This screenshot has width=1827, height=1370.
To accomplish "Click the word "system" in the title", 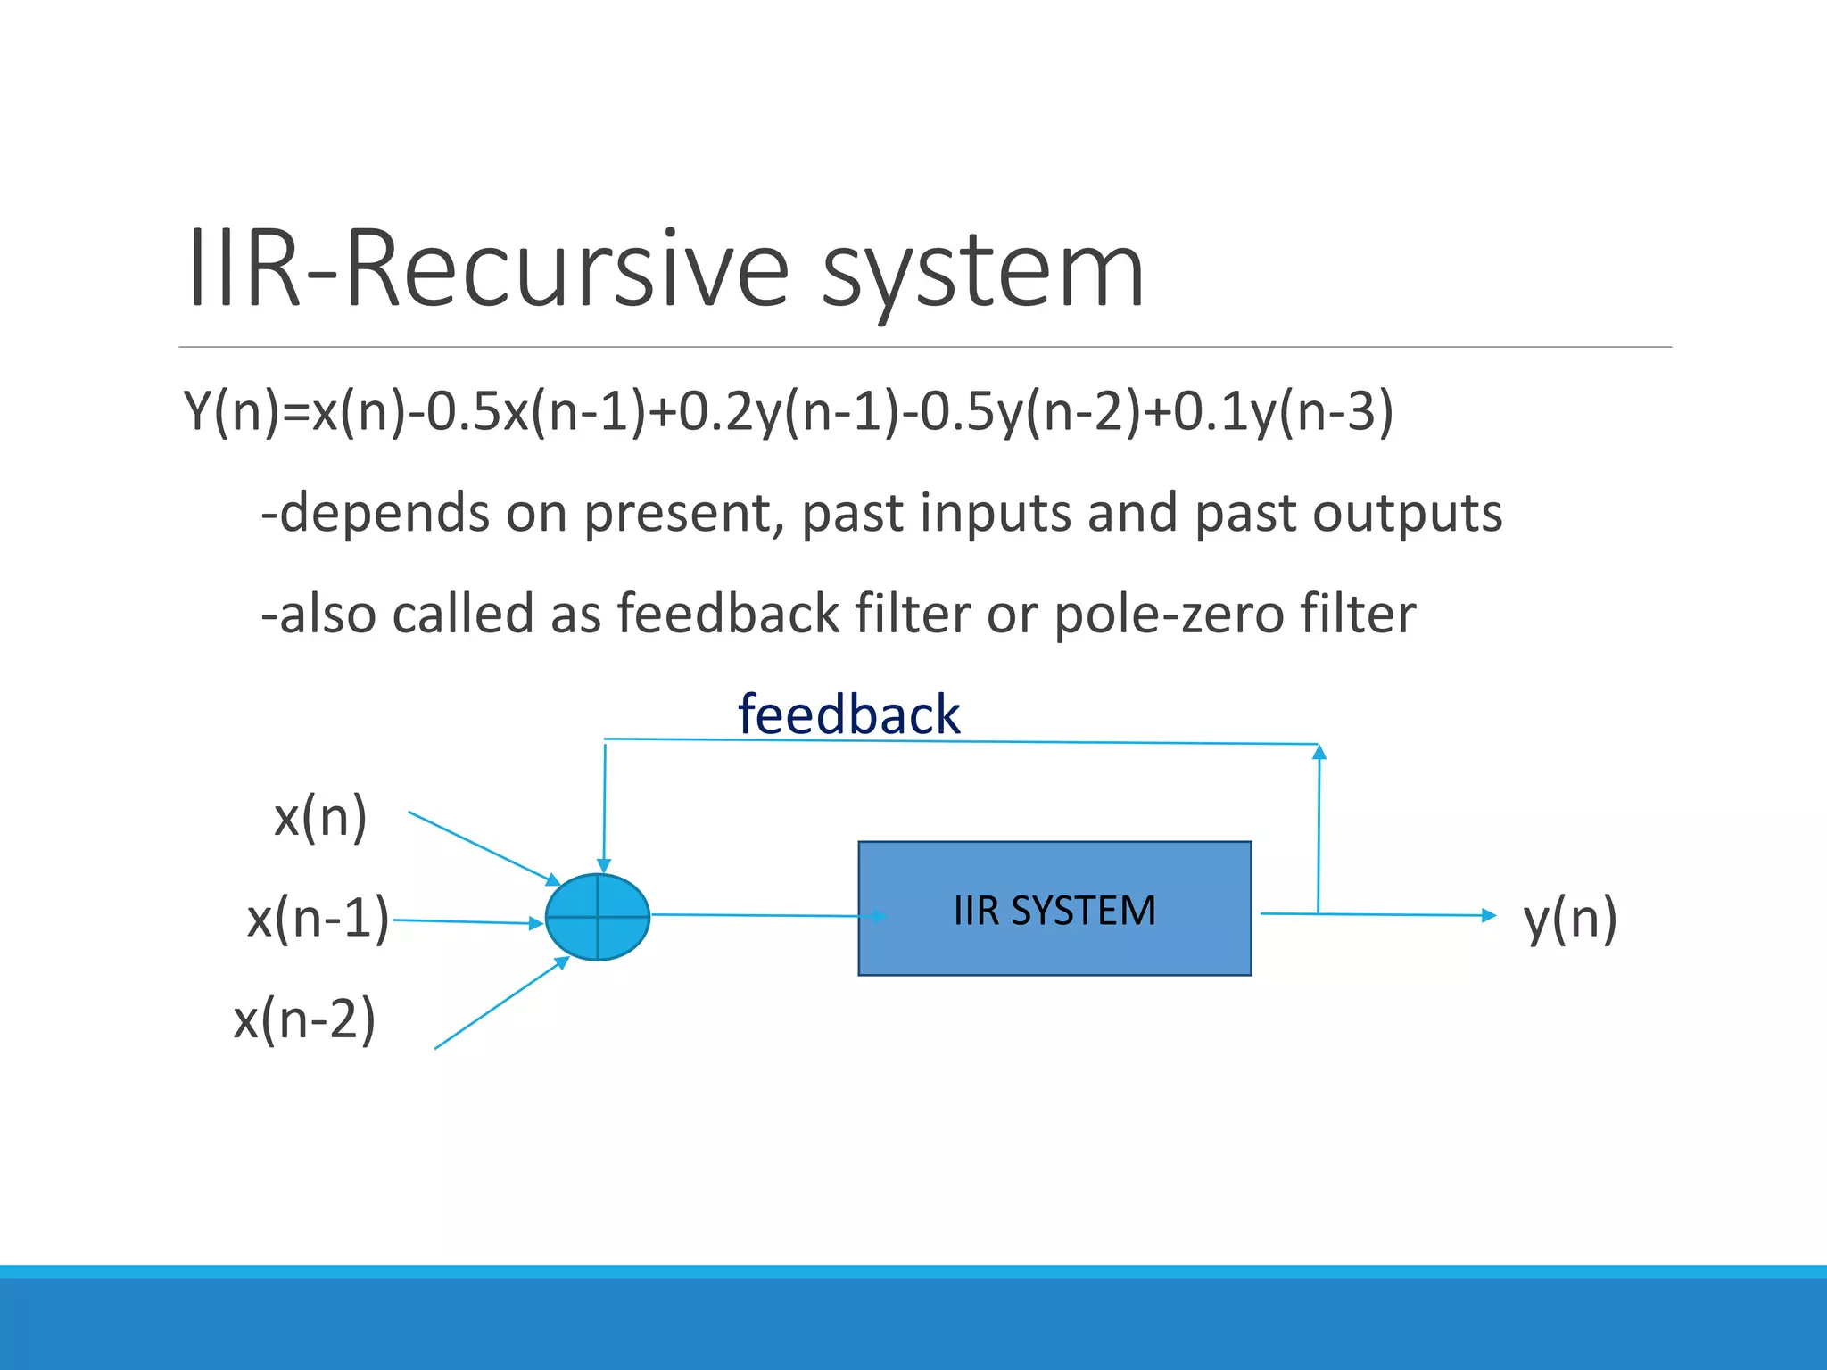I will [x=981, y=272].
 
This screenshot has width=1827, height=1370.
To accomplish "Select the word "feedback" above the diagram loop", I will [x=848, y=715].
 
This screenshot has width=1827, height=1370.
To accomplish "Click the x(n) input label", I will [x=320, y=817].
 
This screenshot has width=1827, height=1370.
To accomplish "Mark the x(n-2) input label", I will [x=304, y=1019].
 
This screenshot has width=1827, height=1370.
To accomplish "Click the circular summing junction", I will [x=597, y=917].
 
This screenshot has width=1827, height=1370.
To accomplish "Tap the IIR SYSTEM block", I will [x=1054, y=909].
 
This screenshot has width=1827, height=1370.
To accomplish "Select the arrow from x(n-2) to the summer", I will [x=500, y=1003].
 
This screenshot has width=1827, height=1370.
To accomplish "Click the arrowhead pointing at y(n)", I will [x=1488, y=915].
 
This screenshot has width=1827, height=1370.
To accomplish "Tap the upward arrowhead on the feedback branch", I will [x=1319, y=752].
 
